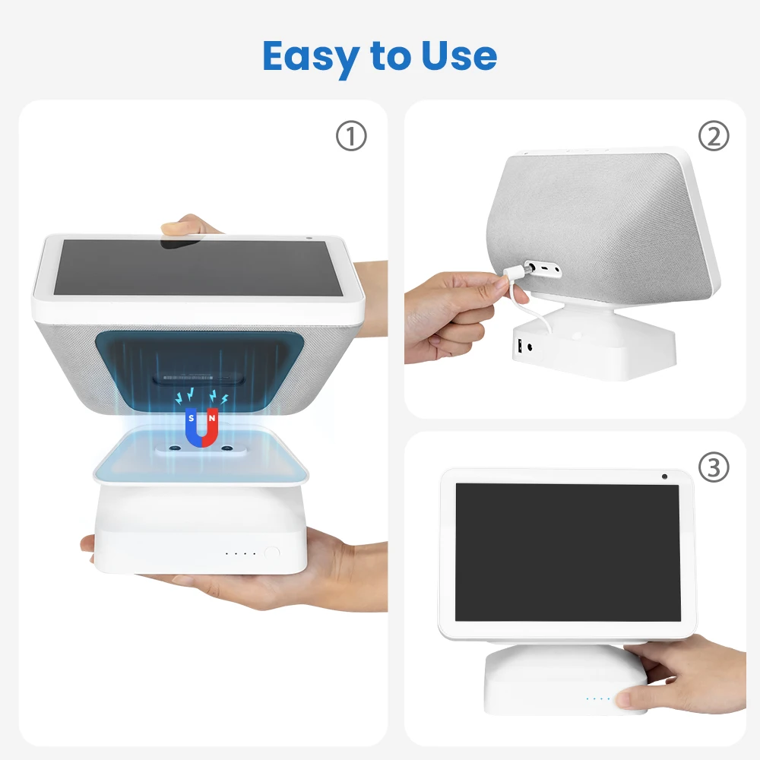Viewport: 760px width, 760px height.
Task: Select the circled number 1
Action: (x=351, y=137)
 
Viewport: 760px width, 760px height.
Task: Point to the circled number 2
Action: (x=713, y=137)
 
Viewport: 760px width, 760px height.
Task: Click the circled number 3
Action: (x=713, y=468)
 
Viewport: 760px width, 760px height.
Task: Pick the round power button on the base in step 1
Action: (x=271, y=553)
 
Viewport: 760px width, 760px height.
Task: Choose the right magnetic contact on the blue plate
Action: (x=226, y=449)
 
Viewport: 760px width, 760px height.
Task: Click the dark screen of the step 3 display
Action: (x=567, y=551)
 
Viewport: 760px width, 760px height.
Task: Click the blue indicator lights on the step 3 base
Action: (x=597, y=698)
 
